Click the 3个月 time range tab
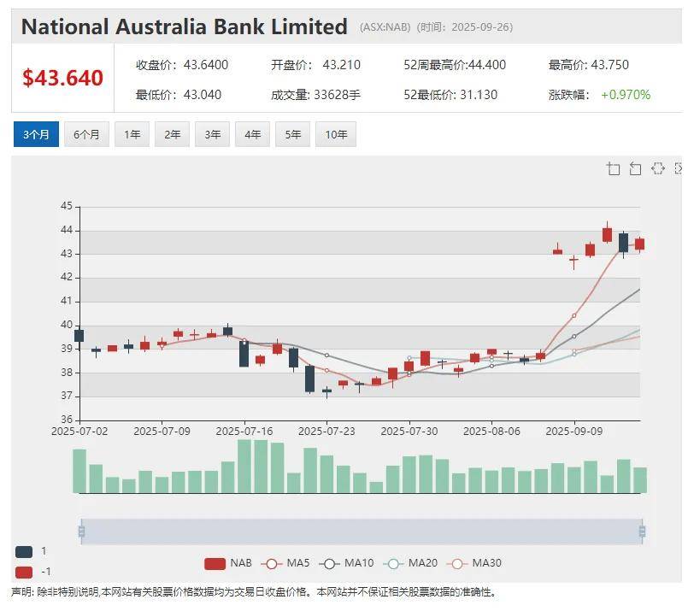(37, 135)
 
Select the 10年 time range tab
(336, 135)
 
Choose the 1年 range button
(132, 135)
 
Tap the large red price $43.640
(62, 79)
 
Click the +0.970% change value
(626, 95)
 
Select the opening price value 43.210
(342, 65)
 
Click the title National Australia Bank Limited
(184, 26)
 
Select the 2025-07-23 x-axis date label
(326, 432)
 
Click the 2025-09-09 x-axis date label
(574, 432)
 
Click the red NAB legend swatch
(215, 563)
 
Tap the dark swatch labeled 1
(24, 552)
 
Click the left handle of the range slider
(81, 532)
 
